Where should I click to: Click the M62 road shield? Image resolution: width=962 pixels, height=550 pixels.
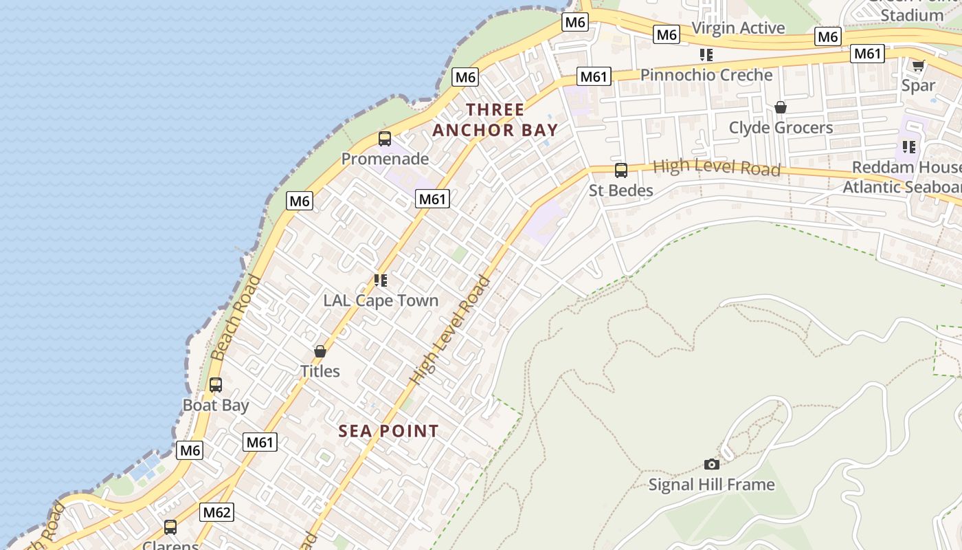[x=216, y=512]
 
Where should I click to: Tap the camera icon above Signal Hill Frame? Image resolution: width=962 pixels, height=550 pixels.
[x=712, y=465]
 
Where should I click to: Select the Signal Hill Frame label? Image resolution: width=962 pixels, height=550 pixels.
[x=712, y=485]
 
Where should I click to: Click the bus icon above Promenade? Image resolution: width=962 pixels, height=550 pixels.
[x=385, y=139]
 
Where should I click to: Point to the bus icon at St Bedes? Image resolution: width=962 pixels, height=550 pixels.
[x=621, y=170]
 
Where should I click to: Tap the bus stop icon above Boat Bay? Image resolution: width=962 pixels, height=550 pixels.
[x=216, y=385]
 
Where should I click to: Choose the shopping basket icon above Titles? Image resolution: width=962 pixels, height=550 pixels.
[x=320, y=351]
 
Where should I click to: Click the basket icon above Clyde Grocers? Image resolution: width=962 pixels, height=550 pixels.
[x=781, y=107]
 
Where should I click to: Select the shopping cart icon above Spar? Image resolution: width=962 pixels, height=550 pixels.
[x=918, y=66]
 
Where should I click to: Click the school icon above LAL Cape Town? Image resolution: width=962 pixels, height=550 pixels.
[x=381, y=280]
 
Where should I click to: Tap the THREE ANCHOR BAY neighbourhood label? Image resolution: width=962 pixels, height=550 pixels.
[x=495, y=120]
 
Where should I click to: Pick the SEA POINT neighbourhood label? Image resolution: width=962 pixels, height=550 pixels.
[x=389, y=431]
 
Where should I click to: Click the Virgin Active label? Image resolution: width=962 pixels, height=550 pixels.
[x=739, y=28]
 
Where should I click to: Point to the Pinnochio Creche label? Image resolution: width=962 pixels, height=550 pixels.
[x=706, y=75]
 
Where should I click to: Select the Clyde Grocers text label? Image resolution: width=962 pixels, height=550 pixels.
[x=781, y=128]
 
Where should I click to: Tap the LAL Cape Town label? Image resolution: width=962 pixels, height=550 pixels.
[x=381, y=300]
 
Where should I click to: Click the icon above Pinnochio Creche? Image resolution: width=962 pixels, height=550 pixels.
[x=706, y=54]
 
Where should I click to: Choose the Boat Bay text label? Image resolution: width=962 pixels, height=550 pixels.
[x=216, y=406]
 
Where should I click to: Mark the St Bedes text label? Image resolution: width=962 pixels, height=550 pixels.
[x=621, y=190]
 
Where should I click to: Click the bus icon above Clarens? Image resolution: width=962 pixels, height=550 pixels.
[x=170, y=527]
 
